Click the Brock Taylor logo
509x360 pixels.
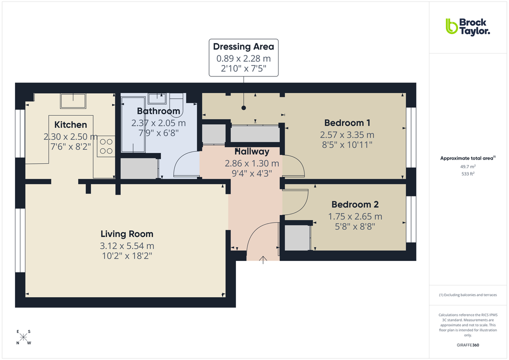tap(467, 26)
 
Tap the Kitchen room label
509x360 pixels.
tap(70, 125)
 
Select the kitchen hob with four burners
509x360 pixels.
tap(106, 146)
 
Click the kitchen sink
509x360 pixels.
tap(72, 101)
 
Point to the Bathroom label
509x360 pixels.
tap(158, 111)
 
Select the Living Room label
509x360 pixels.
tap(126, 234)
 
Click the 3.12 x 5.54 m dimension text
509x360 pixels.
tap(126, 245)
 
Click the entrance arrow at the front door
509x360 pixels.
tap(263, 258)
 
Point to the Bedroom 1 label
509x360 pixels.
tap(347, 123)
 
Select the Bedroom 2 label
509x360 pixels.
tap(355, 204)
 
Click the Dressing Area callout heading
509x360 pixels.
tap(243, 47)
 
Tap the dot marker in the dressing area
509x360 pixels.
tap(243, 107)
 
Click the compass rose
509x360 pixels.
tap(23, 337)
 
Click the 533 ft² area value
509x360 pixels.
tap(467, 174)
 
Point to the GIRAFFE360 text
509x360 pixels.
tap(467, 345)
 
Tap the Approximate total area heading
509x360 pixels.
tap(467, 158)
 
